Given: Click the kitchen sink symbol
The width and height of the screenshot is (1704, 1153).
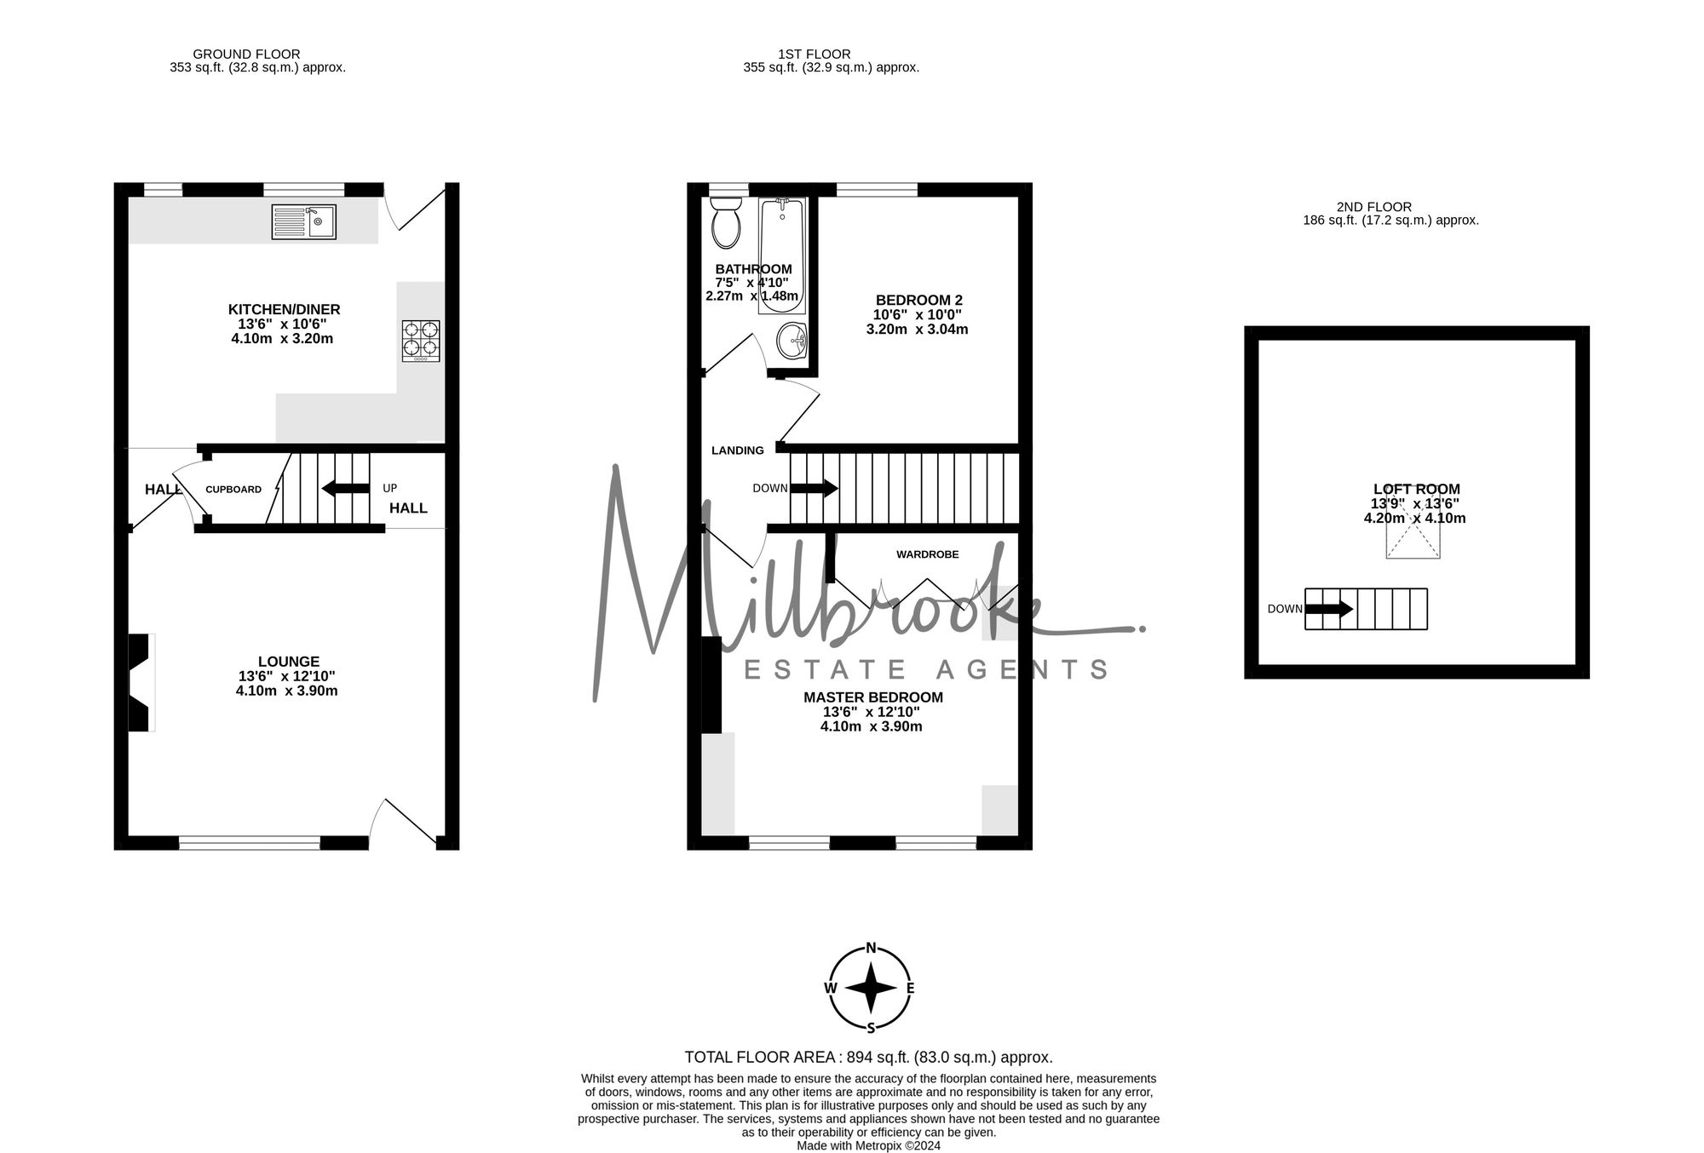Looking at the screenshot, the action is point(303,222).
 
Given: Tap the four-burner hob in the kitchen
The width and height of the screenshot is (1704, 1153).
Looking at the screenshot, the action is point(421,341).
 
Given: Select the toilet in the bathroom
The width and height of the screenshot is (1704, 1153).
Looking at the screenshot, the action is point(726,221).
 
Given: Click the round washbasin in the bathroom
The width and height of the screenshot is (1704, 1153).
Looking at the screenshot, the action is point(792,341).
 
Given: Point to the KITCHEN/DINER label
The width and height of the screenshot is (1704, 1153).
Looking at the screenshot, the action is point(284,309).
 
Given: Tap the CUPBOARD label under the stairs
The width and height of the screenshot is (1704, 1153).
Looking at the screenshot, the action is point(233,490).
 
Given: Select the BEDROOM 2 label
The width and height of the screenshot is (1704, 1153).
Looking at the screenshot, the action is point(918,300).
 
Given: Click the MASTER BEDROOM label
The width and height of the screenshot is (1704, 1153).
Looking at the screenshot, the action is point(872,697).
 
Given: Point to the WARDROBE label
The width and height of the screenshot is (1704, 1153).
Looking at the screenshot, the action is point(927,554).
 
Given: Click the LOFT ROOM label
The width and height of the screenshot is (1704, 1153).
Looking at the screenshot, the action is point(1416,489).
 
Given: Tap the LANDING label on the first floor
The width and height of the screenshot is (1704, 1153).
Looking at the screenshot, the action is point(737,450).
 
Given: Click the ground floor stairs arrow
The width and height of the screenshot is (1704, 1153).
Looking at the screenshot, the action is point(345,489).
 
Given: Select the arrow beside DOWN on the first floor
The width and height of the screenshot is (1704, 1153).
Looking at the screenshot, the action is point(815,489).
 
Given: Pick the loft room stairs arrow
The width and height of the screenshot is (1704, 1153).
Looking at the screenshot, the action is point(1329,609).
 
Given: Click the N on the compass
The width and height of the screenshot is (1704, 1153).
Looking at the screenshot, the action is point(871,948).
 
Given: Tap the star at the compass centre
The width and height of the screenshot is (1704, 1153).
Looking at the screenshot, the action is point(871,988).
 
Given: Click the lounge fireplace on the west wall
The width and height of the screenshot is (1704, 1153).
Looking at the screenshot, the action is point(140,682).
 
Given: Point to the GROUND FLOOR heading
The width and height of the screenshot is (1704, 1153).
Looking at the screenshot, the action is point(246,54).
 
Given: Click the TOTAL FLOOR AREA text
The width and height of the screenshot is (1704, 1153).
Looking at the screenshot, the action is point(868,1057).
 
